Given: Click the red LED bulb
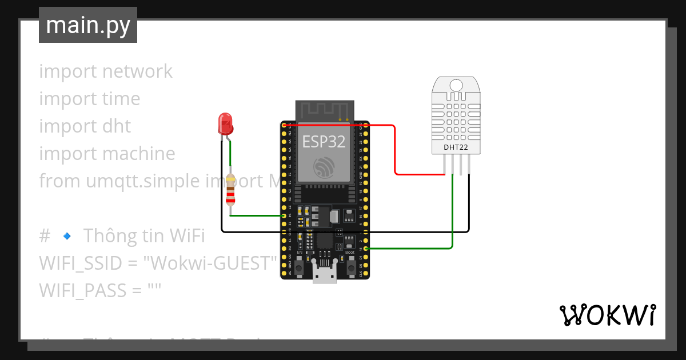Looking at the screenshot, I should tap(225, 123).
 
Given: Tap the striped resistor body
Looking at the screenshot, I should tap(230, 190).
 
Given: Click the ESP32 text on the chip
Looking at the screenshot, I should tap(324, 141).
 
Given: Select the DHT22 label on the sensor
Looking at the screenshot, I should tap(456, 147).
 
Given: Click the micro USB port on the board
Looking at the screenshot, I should tap(325, 276).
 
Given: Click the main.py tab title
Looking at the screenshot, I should tap(88, 26).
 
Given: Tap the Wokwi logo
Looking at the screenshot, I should tap(607, 315).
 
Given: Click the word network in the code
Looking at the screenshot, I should tap(137, 71).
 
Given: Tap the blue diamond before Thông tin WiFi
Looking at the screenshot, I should tap(66, 235).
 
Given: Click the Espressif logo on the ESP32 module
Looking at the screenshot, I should tap(324, 167).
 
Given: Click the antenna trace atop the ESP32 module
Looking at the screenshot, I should tap(324, 110).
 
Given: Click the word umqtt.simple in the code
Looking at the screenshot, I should tap(143, 181).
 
